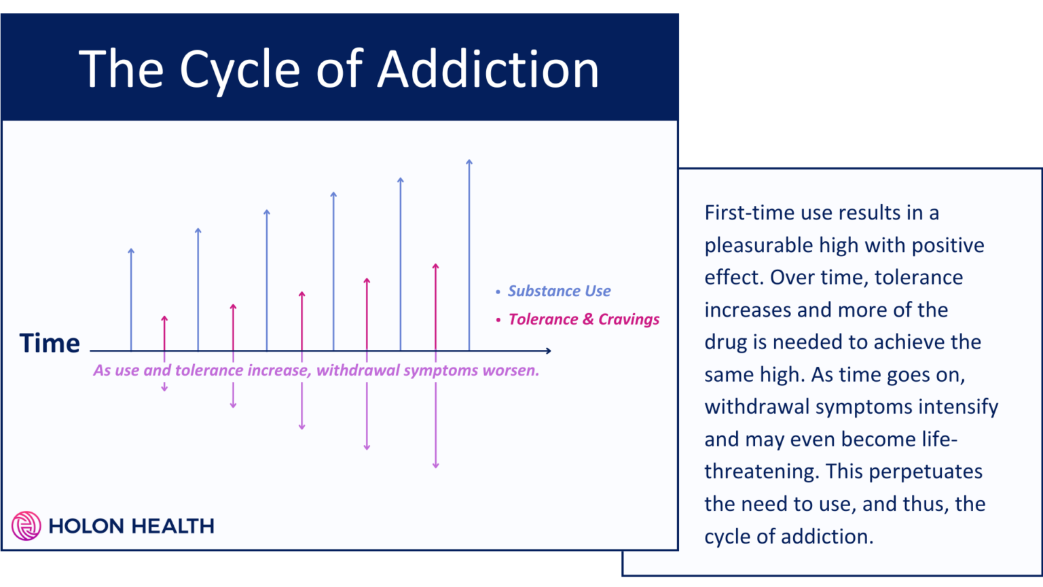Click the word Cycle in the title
tap(240, 70)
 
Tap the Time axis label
tap(50, 343)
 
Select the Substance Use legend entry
tap(559, 291)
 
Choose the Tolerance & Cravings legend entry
tap(583, 319)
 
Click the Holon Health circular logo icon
tap(26, 526)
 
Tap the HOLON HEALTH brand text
tap(131, 526)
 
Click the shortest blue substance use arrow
tap(131, 299)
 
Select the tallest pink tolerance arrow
tap(435, 306)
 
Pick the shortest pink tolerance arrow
tap(164, 333)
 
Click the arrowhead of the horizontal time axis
tap(547, 351)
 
